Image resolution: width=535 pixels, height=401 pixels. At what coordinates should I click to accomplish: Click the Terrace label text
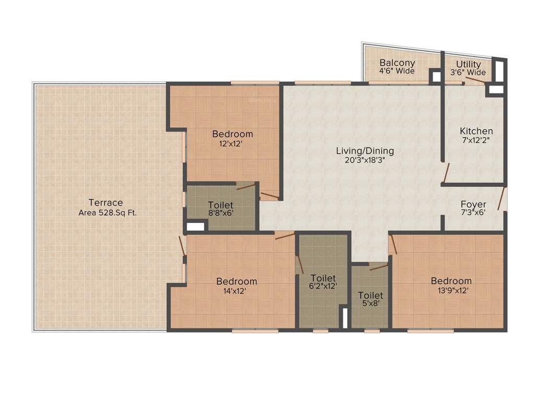105,203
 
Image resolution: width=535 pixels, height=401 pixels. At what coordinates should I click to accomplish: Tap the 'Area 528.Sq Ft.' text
107,213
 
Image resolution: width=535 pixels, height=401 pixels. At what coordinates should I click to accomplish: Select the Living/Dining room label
365,151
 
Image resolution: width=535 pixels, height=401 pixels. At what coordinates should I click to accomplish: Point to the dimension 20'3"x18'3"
365,161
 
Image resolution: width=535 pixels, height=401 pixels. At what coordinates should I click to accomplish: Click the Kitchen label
476,131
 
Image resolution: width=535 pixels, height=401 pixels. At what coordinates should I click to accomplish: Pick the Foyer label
473,204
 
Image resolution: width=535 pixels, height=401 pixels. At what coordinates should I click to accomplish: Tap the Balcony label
397,63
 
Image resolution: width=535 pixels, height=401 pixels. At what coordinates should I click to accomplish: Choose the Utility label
468,64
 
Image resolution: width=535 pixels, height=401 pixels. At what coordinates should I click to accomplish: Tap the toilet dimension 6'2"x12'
323,286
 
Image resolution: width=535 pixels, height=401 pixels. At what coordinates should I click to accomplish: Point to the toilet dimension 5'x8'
370,305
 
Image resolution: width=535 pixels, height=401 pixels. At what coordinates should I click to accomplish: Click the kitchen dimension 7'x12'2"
476,140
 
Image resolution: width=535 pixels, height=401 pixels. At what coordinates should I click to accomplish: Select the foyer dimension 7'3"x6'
473,213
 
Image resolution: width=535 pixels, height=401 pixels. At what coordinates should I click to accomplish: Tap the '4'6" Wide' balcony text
397,72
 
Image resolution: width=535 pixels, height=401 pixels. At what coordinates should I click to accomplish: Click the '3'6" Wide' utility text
468,73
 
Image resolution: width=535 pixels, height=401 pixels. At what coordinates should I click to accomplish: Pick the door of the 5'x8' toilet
378,267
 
